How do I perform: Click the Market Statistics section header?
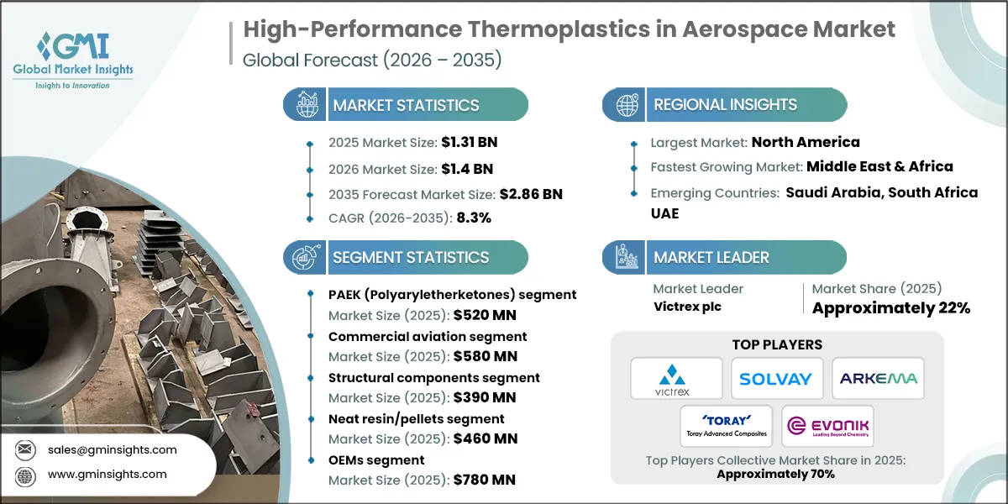click(406, 105)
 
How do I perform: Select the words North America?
click(805, 142)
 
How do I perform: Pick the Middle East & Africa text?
click(879, 166)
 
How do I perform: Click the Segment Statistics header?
click(410, 257)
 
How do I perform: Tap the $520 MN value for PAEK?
click(485, 316)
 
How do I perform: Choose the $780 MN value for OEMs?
click(485, 480)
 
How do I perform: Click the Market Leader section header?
click(711, 257)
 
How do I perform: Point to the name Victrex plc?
click(687, 307)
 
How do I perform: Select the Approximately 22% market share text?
click(890, 307)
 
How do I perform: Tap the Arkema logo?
click(878, 378)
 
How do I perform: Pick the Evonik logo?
click(827, 428)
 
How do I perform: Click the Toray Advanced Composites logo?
click(727, 428)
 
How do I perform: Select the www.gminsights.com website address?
click(107, 474)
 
